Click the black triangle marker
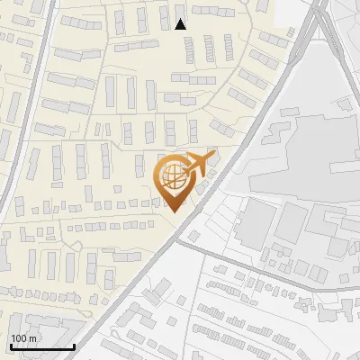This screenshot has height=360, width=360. point(181,23)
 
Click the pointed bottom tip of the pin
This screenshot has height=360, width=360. point(173,211)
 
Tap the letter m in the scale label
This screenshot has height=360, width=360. point(33,338)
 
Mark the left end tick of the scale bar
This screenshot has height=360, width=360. point(10,346)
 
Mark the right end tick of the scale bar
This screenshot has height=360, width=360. point(74,346)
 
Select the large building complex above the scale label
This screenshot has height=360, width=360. point(36,319)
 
